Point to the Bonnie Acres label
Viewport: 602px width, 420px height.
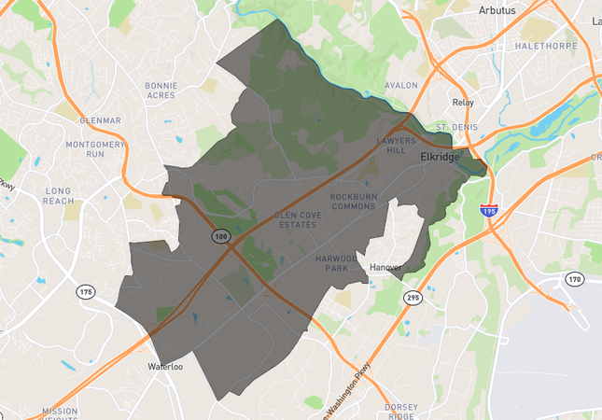click(161, 91)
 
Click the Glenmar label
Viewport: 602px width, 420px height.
click(100, 120)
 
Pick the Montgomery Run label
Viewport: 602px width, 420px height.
click(95, 149)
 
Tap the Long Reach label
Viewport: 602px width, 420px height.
click(57, 196)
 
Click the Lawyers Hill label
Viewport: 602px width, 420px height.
click(395, 145)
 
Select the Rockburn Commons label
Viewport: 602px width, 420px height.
click(353, 201)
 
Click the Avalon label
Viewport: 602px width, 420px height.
click(401, 85)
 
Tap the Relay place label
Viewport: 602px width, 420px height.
click(463, 103)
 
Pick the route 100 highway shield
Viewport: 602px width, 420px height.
click(221, 238)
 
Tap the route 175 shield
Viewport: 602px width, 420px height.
click(86, 292)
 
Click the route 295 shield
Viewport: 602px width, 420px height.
click(412, 297)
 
